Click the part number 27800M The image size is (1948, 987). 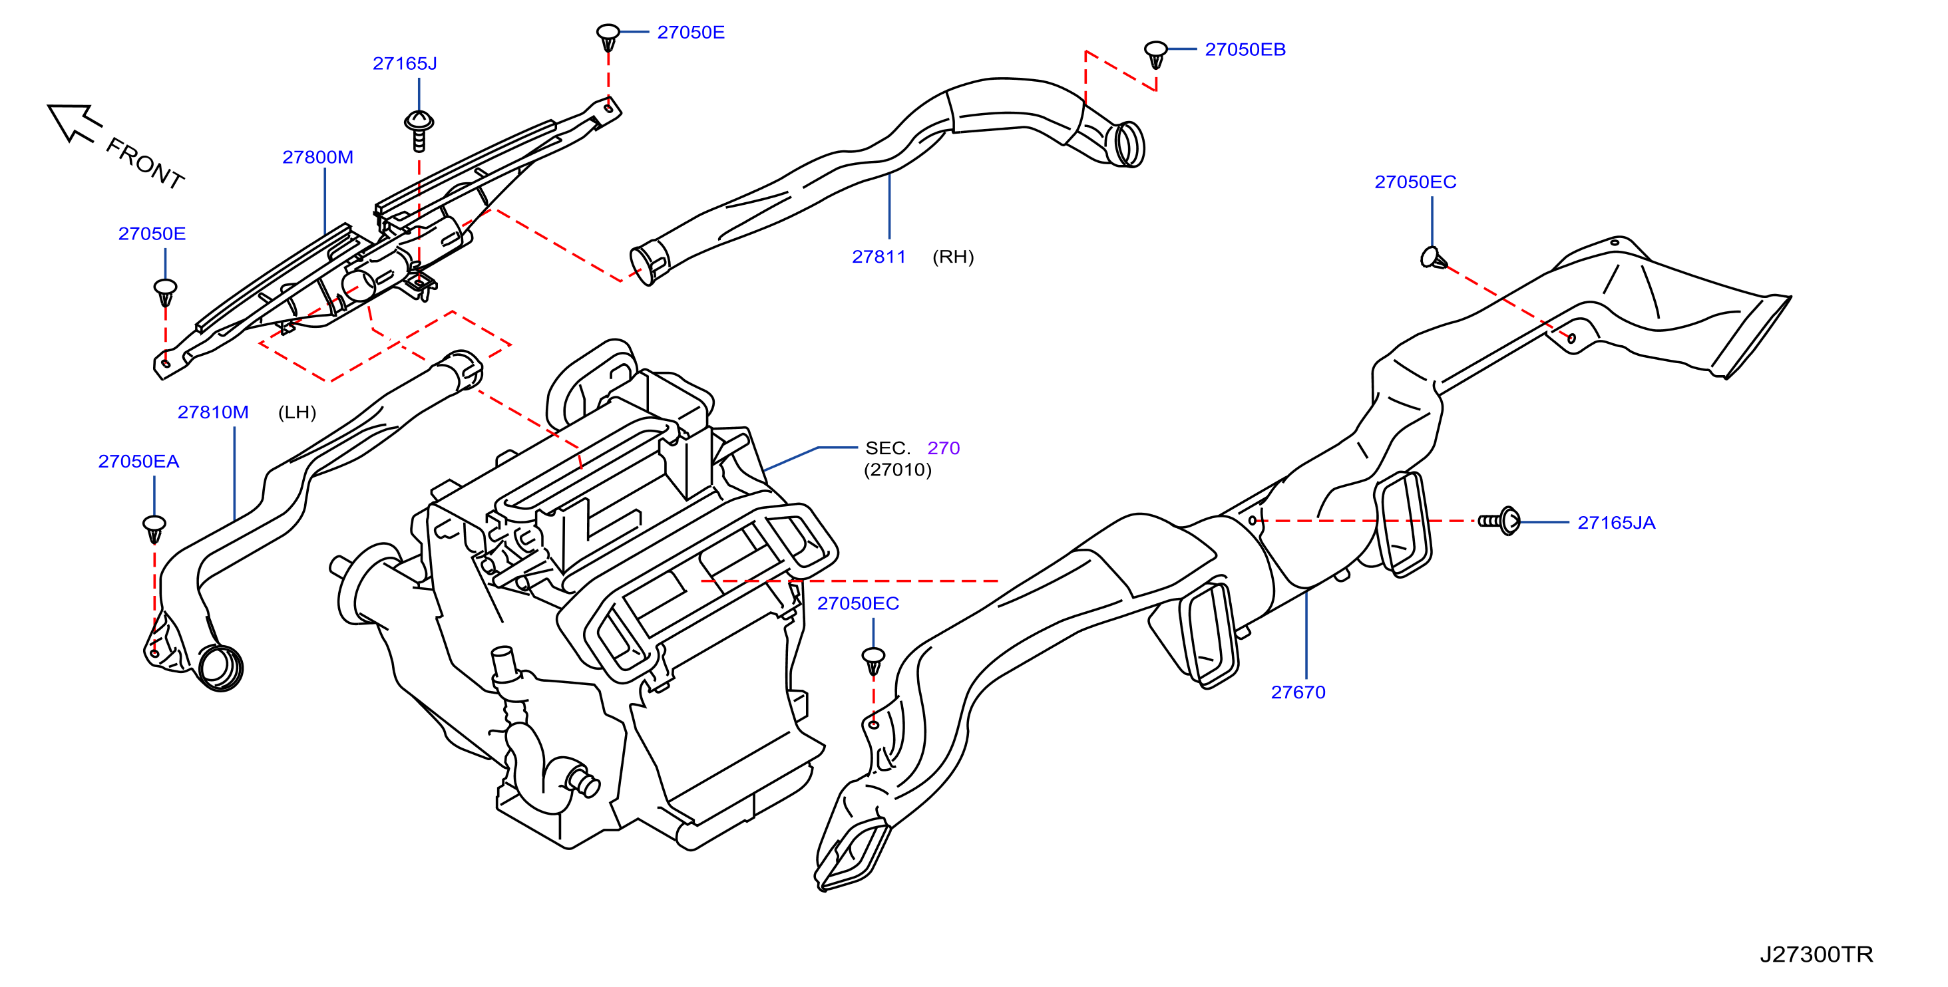click(317, 157)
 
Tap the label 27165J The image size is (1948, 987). click(405, 63)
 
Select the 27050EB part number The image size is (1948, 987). click(1245, 50)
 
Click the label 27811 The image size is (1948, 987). click(878, 257)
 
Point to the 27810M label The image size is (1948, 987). click(213, 412)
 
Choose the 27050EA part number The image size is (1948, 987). click(138, 462)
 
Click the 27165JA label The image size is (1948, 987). click(1616, 523)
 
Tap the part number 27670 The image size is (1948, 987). click(1298, 692)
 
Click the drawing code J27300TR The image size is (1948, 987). click(1816, 954)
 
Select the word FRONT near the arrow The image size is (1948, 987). click(145, 163)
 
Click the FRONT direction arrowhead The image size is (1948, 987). click(68, 121)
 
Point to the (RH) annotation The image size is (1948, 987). click(953, 257)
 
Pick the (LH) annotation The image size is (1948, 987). click(297, 412)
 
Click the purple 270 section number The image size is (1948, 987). click(943, 448)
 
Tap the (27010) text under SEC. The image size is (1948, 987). click(898, 470)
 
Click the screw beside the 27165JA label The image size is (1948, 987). click(1499, 521)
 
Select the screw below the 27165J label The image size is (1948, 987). click(419, 131)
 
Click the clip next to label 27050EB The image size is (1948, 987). click(1155, 55)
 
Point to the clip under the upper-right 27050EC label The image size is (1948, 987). click(1434, 259)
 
